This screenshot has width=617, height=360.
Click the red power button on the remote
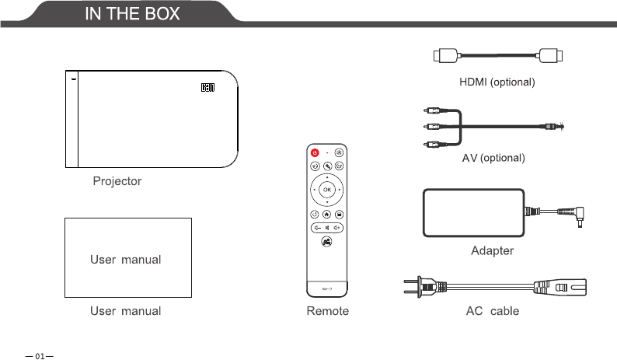coord(315,153)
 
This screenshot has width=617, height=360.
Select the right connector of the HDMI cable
coord(551,56)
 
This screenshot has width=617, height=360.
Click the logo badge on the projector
coord(207,87)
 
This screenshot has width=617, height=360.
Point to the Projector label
coord(117,181)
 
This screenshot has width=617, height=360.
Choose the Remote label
coord(326,311)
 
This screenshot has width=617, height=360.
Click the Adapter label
coord(492,251)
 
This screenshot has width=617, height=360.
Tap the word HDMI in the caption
coord(472,82)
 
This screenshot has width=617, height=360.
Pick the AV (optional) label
coord(494,159)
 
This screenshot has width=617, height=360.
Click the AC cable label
coord(492,311)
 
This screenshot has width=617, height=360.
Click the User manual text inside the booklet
coord(126,259)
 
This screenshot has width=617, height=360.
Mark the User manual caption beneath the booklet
coord(126,311)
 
